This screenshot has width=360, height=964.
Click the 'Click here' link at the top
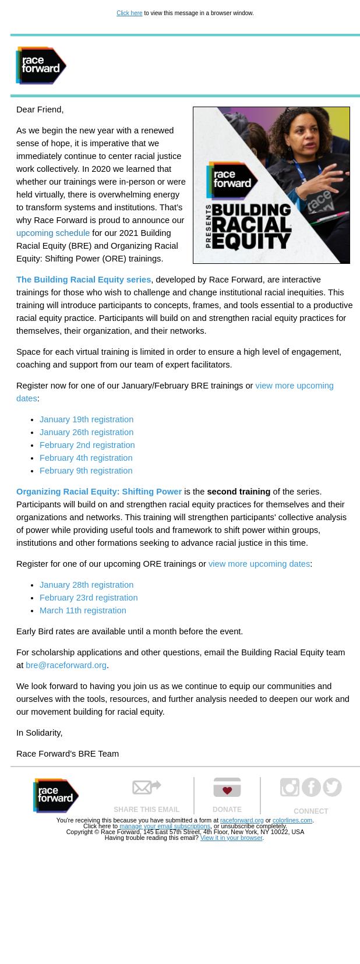pyautogui.click(x=129, y=13)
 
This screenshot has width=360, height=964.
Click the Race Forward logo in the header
pyautogui.click(x=41, y=65)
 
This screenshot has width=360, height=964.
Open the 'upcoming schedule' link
pyautogui.click(x=53, y=233)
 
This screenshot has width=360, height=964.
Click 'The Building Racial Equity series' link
pyautogui.click(x=83, y=280)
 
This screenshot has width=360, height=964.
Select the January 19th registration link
pyautogui.click(x=86, y=419)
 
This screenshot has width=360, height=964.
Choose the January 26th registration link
pyautogui.click(x=86, y=432)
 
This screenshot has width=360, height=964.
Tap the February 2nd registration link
pyautogui.click(x=87, y=445)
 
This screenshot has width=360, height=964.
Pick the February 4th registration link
pyautogui.click(x=86, y=458)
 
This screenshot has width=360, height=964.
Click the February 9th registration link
pyautogui.click(x=86, y=471)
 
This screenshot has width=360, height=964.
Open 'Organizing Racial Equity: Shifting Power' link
pyautogui.click(x=99, y=492)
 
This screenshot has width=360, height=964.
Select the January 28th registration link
pyautogui.click(x=86, y=585)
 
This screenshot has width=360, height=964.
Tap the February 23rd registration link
pyautogui.click(x=89, y=598)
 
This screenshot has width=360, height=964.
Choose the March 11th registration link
pyautogui.click(x=83, y=610)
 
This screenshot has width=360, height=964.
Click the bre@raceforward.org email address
pyautogui.click(x=66, y=665)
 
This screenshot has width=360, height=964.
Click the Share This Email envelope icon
pyautogui.click(x=146, y=788)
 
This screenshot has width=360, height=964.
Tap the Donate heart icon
pyautogui.click(x=227, y=788)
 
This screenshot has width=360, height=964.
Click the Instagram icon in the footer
pyautogui.click(x=290, y=787)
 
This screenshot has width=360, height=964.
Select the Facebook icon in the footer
pyautogui.click(x=311, y=787)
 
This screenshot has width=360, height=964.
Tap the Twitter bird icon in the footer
pyautogui.click(x=332, y=787)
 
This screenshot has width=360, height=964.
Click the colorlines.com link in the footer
pyautogui.click(x=292, y=820)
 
